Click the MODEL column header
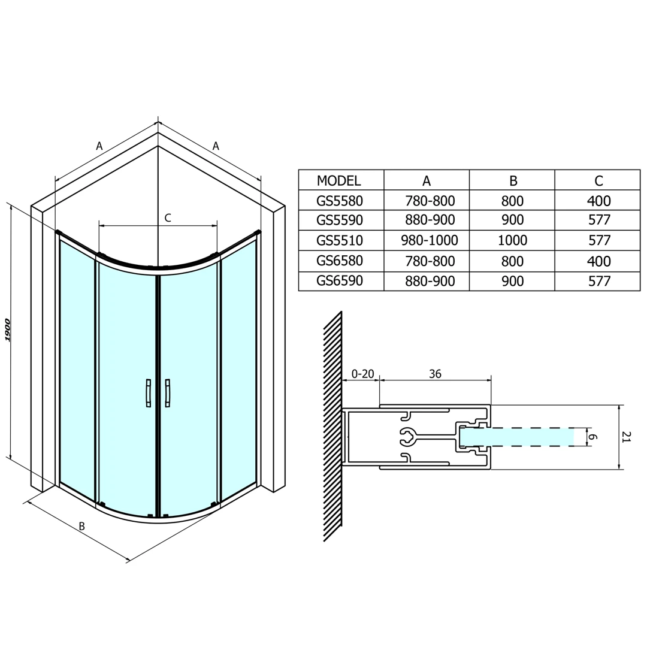coord(338,181)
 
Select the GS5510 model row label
coord(340,240)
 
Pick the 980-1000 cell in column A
coord(430,240)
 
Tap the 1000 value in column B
coord(512,240)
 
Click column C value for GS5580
coord(598,201)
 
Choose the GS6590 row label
coord(340,280)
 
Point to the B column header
coord(513,181)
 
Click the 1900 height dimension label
coord(7,329)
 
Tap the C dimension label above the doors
coord(168,218)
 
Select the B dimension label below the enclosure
coord(81,527)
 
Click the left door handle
coord(148,393)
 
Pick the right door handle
coord(168,393)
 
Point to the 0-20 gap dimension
coord(362,374)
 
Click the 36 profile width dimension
coord(435,374)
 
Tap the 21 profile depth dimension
coord(627,437)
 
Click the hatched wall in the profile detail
coord(332,427)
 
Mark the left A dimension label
coord(99,146)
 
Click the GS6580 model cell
coord(340,261)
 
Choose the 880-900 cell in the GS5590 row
coord(430,220)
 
